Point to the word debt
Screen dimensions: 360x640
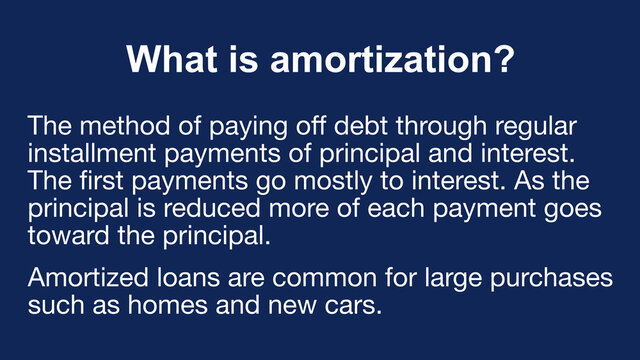(359, 128)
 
